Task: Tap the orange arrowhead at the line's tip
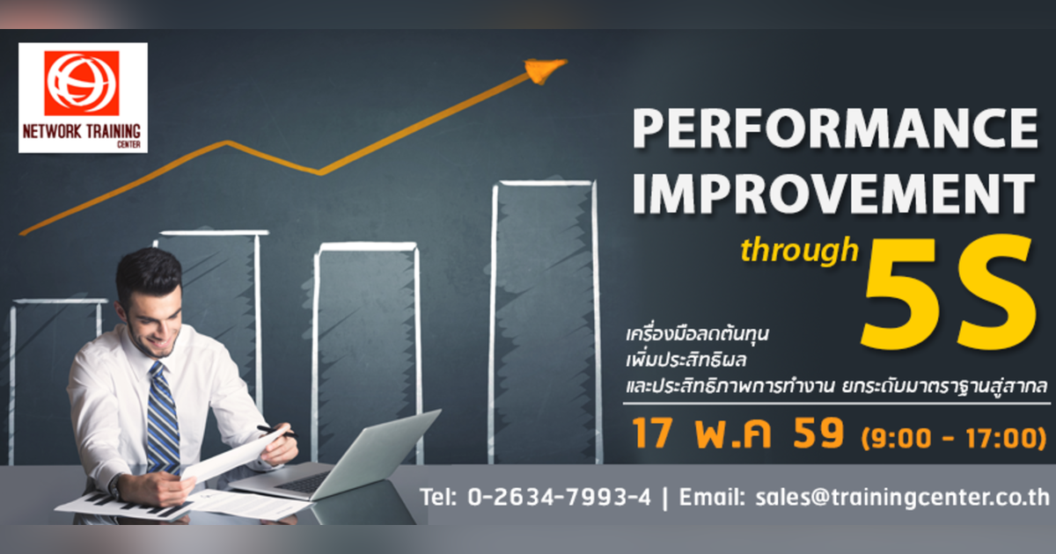pyautogui.click(x=544, y=69)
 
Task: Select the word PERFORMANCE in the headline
pyautogui.click(x=834, y=130)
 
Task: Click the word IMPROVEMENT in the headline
pyautogui.click(x=832, y=194)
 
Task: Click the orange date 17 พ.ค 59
pyautogui.click(x=737, y=435)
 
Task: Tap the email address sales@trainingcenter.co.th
pyautogui.click(x=903, y=497)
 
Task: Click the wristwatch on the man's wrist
pyautogui.click(x=114, y=485)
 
